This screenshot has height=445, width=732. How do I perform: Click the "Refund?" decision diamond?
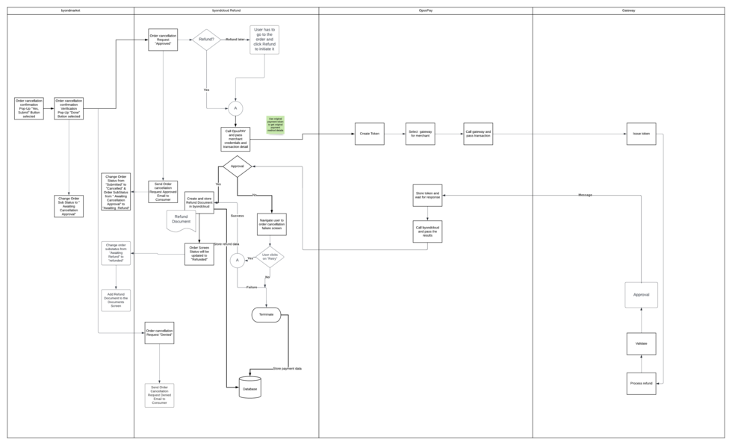pos(207,40)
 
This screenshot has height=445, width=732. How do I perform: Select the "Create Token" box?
pos(370,134)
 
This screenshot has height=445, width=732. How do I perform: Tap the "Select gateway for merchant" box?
pos(421,134)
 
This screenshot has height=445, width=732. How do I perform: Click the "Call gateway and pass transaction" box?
pos(478,134)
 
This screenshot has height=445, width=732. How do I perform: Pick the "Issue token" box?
pos(641,134)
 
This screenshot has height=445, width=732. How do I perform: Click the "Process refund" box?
pos(641,383)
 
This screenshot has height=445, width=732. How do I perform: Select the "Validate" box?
pos(641,343)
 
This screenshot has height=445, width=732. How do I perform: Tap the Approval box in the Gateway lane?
pos(641,295)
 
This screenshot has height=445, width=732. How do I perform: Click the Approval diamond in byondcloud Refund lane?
pos(238,167)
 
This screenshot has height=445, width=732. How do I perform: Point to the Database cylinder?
pos(250,388)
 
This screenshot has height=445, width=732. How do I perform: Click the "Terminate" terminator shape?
pos(267,314)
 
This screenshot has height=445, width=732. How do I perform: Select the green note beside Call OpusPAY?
pos(276,125)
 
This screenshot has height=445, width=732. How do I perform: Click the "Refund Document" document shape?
pos(181,220)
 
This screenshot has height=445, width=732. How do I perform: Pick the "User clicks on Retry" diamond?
pos(270,258)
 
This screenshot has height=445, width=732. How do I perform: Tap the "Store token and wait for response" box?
pos(427,195)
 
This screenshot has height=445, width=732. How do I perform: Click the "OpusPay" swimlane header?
pos(426,10)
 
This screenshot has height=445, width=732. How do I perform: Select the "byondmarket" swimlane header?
pos(70,10)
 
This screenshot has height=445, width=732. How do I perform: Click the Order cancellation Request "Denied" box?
pos(159,333)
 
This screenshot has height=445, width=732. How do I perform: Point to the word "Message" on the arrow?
pos(585,195)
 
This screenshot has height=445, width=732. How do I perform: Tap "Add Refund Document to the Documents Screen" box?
pos(116,300)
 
